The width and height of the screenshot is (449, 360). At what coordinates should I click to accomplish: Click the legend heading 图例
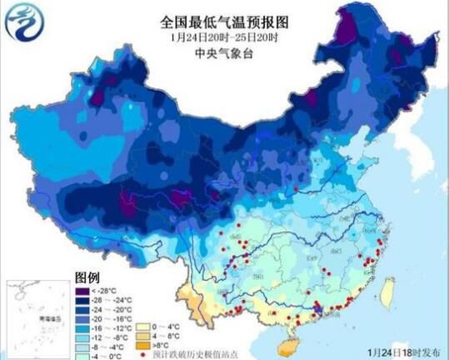pyautogui.click(x=87, y=276)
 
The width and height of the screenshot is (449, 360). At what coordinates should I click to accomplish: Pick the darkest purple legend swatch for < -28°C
pyautogui.click(x=82, y=288)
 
